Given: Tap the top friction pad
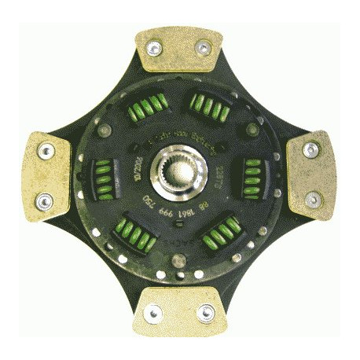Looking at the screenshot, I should (x=178, y=51).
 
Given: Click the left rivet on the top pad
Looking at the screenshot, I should (x=154, y=48).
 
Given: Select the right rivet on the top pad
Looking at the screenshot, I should (x=204, y=49).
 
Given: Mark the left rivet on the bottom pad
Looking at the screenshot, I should (x=154, y=314).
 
